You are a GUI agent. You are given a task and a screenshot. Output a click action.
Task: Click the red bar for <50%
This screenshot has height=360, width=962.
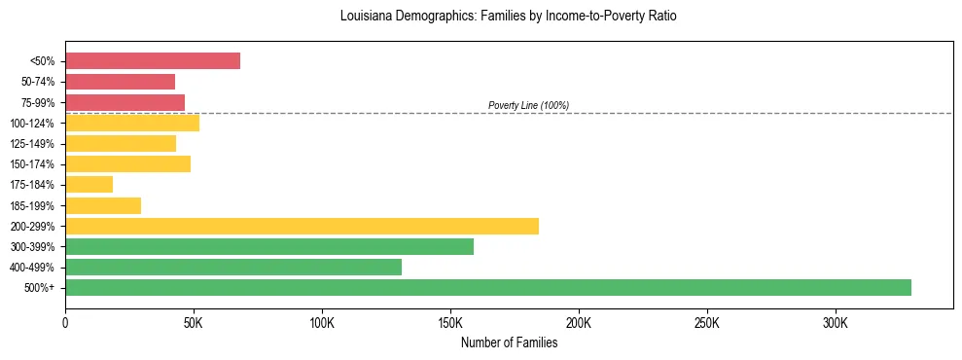point(153,60)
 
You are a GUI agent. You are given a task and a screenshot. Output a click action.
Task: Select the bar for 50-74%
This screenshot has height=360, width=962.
point(120,82)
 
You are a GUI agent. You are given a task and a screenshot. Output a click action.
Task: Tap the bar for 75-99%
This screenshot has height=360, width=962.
point(125,102)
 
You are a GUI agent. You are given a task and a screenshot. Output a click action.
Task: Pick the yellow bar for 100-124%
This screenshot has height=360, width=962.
point(132,123)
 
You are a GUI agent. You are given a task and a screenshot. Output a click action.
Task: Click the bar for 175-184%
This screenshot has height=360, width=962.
point(89,185)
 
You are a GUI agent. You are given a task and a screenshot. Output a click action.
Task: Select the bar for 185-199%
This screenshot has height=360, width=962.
point(103,205)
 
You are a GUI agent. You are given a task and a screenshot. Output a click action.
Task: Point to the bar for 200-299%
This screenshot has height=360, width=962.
point(302,226)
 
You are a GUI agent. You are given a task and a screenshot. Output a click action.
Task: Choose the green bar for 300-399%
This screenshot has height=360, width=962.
point(269,246)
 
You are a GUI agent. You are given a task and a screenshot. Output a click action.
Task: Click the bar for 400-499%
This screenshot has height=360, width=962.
point(233,267)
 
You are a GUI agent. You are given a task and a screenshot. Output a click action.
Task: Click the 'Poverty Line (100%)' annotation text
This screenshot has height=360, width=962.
point(528,105)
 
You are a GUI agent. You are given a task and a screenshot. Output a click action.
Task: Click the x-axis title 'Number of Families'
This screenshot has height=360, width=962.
point(509,342)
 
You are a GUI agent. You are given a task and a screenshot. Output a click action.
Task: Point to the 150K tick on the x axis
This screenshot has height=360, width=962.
point(450,322)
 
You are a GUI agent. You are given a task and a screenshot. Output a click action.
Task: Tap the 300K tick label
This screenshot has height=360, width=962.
point(836,322)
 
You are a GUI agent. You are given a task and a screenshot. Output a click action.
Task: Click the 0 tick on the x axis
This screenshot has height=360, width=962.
point(65,322)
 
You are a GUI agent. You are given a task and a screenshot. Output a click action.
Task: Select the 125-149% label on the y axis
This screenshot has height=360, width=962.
point(32,144)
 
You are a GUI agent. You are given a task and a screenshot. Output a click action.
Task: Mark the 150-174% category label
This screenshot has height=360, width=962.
point(32,164)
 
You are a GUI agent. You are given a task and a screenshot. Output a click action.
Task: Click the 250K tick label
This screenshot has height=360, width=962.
point(707,322)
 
